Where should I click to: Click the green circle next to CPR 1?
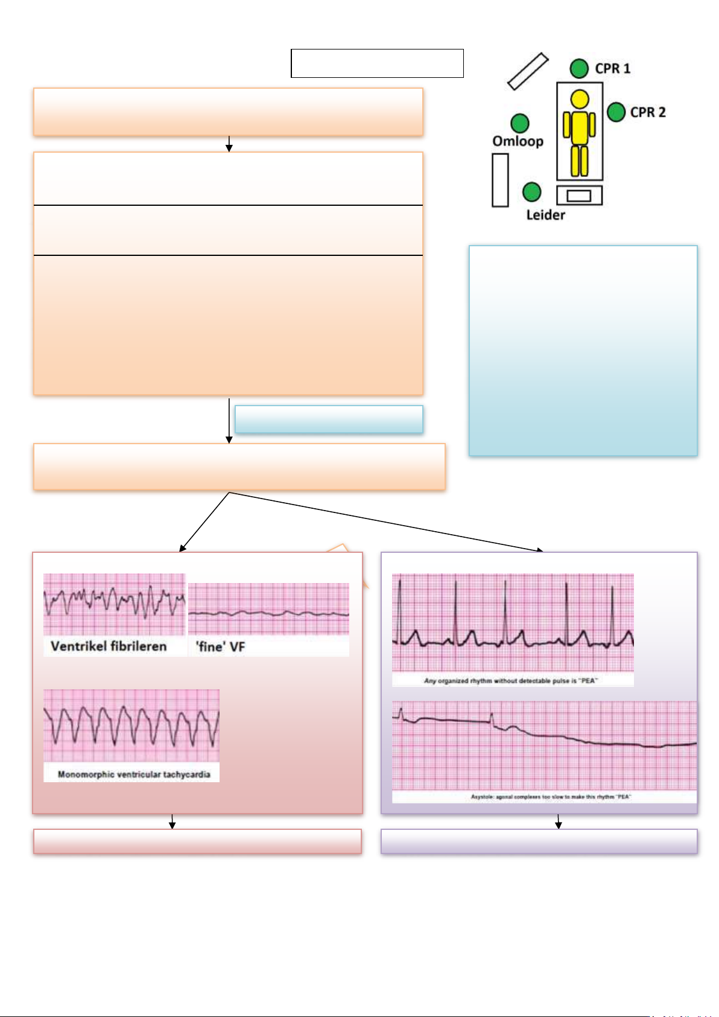pyautogui.click(x=579, y=69)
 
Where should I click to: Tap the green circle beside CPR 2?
pyautogui.click(x=616, y=112)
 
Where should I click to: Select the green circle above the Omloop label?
pyautogui.click(x=520, y=123)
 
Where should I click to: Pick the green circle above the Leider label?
pyautogui.click(x=531, y=192)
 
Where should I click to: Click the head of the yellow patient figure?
pyautogui.click(x=580, y=98)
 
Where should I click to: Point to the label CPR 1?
pyautogui.click(x=612, y=69)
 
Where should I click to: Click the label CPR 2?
pyautogui.click(x=648, y=112)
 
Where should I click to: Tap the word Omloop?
pyautogui.click(x=518, y=141)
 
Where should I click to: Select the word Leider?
pyautogui.click(x=545, y=215)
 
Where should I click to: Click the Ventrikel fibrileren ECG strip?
pyautogui.click(x=114, y=603)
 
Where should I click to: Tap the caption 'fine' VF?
pyautogui.click(x=220, y=647)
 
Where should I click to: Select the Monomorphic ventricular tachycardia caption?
pyautogui.click(x=134, y=774)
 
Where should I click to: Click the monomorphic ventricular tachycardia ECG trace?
pyautogui.click(x=131, y=724)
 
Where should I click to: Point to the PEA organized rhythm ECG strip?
pyautogui.click(x=513, y=622)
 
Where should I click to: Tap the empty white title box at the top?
pyautogui.click(x=377, y=63)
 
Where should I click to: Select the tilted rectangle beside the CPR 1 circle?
pyautogui.click(x=528, y=71)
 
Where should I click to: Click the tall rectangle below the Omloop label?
pyautogui.click(x=500, y=180)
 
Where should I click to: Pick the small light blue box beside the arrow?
pyautogui.click(x=329, y=419)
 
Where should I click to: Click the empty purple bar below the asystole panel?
pyautogui.click(x=539, y=841)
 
